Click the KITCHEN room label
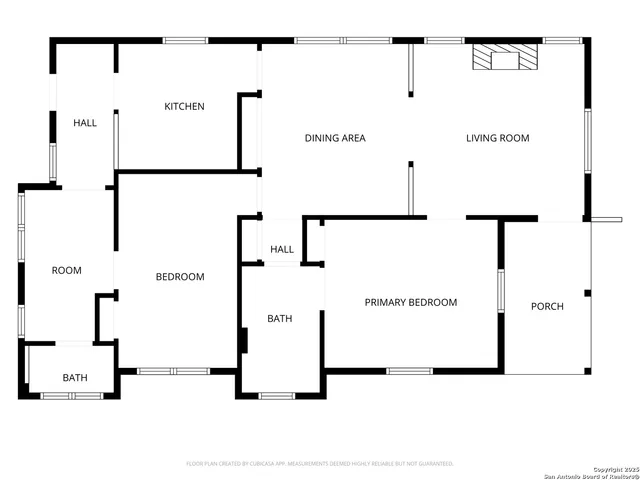tap(184, 107)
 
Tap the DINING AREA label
tap(335, 138)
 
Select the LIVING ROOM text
tap(497, 138)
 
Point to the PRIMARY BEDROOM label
tap(410, 302)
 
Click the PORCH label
tap(547, 306)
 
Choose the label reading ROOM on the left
tap(67, 270)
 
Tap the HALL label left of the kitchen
tap(85, 123)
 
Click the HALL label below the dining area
tap(282, 249)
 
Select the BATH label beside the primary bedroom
tap(279, 319)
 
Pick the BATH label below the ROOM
tap(75, 378)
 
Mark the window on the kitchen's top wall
tap(185, 41)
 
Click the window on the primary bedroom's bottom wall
tap(409, 371)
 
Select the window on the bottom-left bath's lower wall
tap(71, 396)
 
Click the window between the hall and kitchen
tap(116, 140)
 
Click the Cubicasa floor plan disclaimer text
tap(320, 464)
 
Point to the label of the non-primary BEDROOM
tap(180, 277)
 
